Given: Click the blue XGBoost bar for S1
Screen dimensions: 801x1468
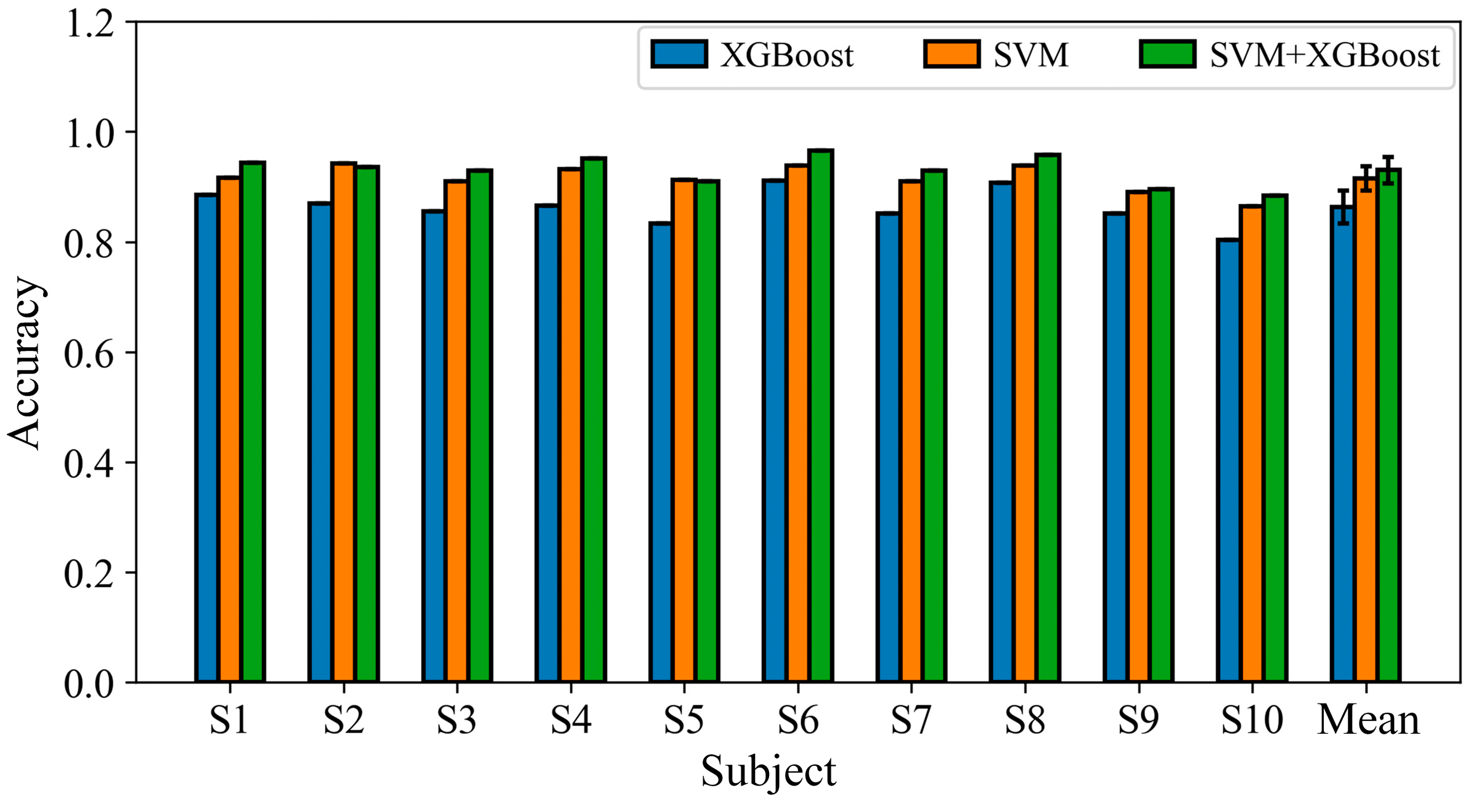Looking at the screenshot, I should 206,438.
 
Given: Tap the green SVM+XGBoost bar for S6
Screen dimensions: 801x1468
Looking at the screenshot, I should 820,416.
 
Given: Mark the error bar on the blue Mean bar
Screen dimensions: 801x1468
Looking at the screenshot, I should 1344,207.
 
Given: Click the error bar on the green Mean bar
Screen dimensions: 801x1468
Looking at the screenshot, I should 1388,170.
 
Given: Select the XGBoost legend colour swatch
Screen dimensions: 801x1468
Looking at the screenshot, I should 679,54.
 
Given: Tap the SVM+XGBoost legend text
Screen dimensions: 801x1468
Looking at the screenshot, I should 1324,55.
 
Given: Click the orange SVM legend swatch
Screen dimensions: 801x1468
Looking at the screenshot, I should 952,54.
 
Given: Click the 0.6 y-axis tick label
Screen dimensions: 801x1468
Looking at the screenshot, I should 89,355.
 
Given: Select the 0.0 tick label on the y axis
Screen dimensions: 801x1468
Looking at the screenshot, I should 89,684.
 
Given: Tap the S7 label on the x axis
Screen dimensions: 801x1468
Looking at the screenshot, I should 911,720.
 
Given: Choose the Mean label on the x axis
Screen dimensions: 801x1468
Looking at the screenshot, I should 1368,720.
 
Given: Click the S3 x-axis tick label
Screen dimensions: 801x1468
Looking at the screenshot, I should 457,720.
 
